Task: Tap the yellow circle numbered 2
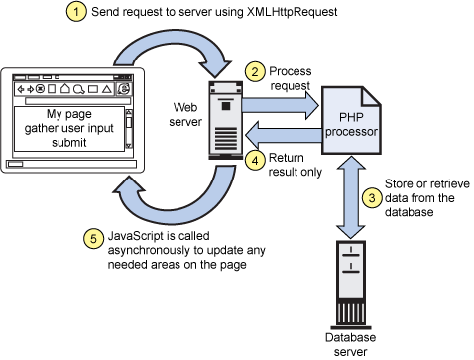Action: [x=255, y=71]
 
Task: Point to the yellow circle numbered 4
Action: [x=255, y=159]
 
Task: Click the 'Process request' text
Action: [x=292, y=77]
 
